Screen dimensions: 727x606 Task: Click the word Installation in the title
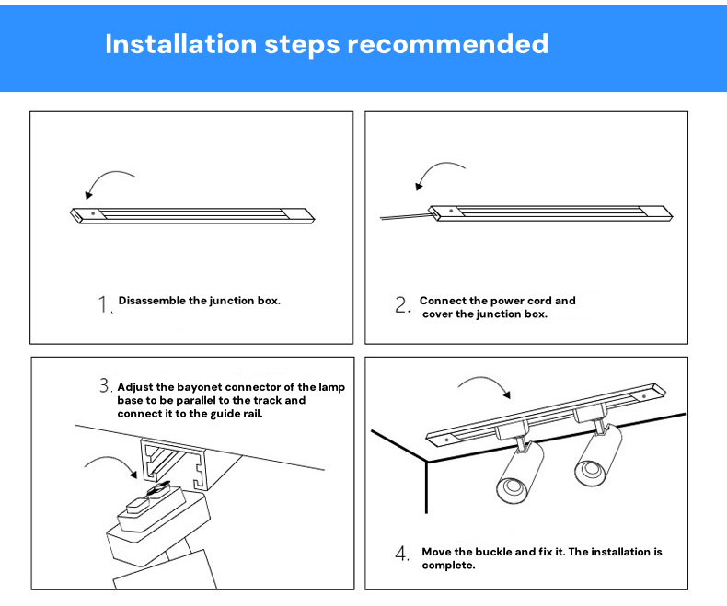click(180, 44)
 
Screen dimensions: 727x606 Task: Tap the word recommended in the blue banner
click(447, 44)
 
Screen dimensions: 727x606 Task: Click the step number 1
click(103, 304)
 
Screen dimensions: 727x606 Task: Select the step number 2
click(401, 305)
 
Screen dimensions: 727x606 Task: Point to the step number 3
click(104, 385)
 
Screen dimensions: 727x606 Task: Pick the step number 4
click(401, 554)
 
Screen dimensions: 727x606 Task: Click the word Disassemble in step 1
click(152, 300)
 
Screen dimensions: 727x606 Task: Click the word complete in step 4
click(447, 566)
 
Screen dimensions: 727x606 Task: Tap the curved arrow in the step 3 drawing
click(111, 459)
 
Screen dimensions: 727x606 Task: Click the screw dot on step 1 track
click(93, 213)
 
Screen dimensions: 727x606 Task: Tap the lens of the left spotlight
click(512, 489)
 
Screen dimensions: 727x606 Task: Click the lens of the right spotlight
click(589, 471)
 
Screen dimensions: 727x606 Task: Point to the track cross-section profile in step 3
click(174, 464)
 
